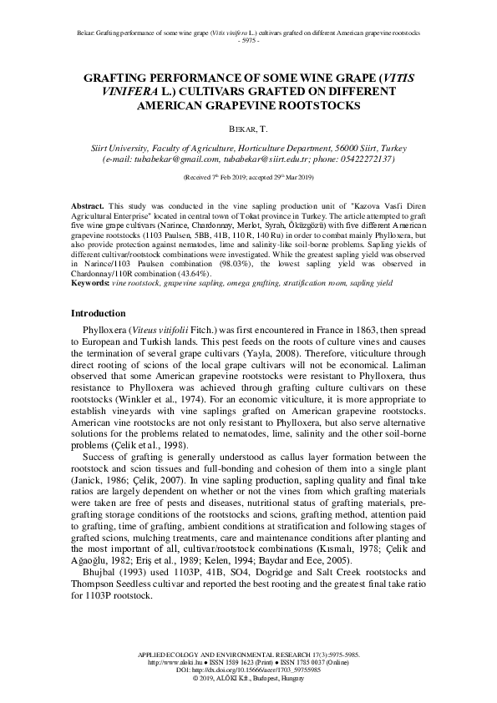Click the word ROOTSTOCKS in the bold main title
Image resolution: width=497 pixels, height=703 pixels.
pos(312,106)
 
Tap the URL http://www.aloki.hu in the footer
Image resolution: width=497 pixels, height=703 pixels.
pos(174,662)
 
